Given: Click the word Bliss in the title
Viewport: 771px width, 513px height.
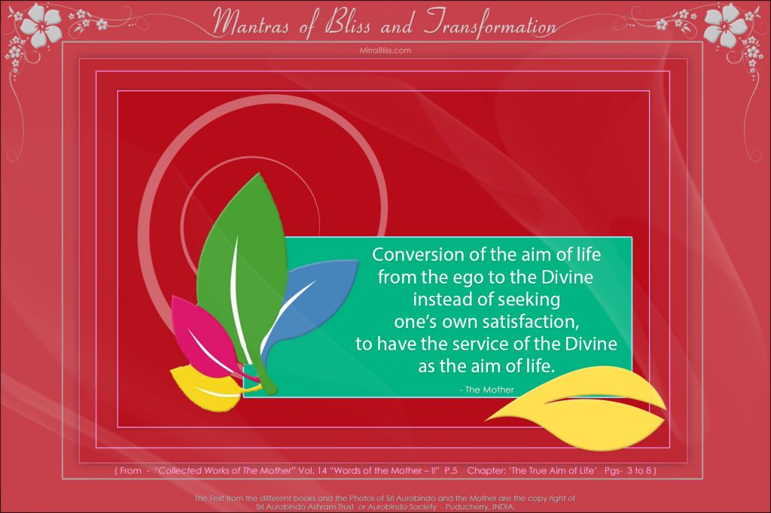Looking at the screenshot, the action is point(348,23).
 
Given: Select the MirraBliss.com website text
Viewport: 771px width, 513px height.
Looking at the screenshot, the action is point(385,50).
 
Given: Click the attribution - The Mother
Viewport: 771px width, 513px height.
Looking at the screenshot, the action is point(487,390).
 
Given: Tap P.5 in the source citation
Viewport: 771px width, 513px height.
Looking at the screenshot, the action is point(451,470).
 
